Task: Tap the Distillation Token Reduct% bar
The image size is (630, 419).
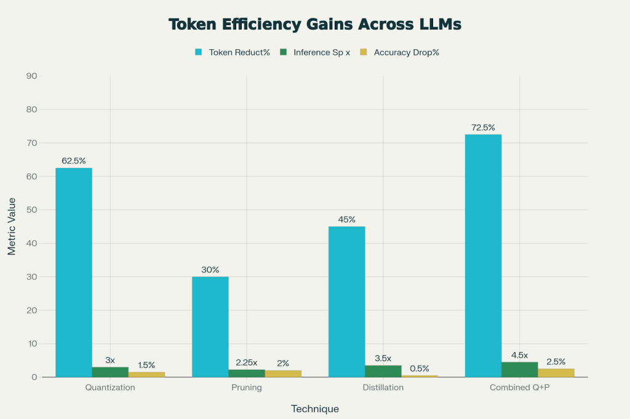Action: point(346,302)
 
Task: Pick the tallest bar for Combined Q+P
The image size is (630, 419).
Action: point(483,256)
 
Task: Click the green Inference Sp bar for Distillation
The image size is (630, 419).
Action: point(383,371)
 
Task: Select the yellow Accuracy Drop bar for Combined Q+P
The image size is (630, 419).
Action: point(556,373)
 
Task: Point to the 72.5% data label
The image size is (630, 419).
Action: point(483,128)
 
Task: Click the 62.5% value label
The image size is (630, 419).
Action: point(74,161)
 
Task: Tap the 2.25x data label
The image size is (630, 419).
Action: point(246,362)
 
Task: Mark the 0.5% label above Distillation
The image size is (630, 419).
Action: point(420,368)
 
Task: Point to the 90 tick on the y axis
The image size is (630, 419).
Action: point(30,76)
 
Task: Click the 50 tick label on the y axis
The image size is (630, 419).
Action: point(30,210)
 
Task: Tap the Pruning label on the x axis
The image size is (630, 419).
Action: point(246,388)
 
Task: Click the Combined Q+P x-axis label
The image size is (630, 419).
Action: point(519,388)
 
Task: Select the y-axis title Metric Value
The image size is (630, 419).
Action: point(12,227)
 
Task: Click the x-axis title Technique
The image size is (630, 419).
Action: point(315,409)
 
